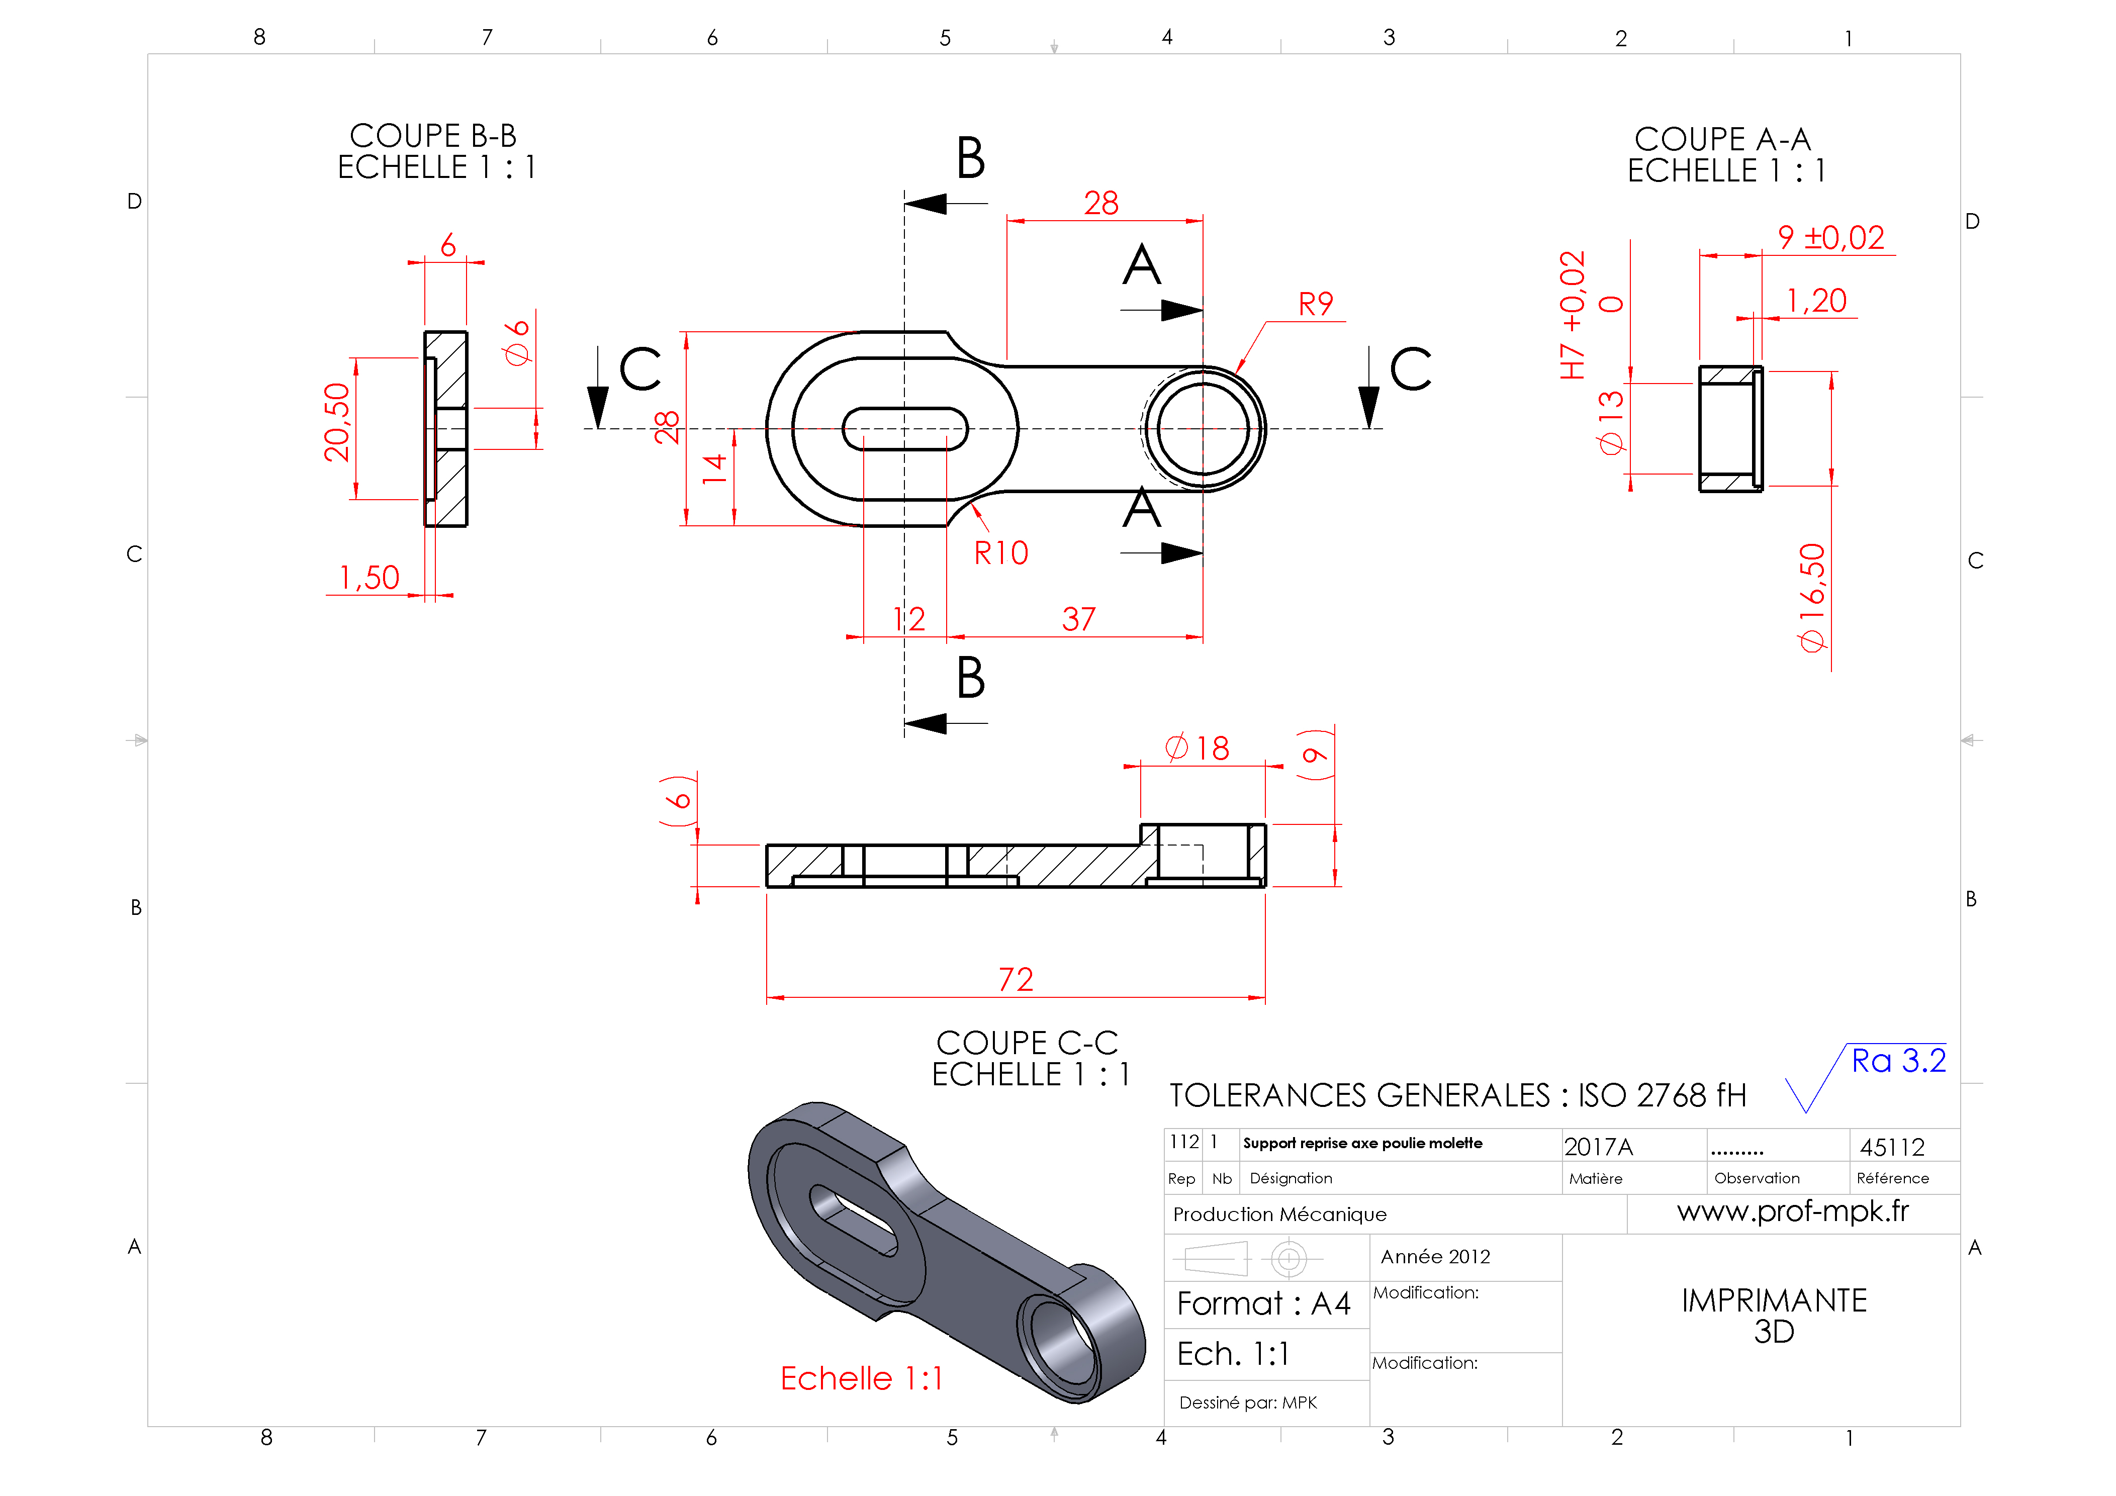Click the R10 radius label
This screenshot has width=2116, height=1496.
(x=1001, y=553)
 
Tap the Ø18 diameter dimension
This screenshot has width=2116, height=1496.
(x=1197, y=747)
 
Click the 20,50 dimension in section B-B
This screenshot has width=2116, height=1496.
(x=337, y=422)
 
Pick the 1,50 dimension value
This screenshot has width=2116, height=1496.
(x=370, y=578)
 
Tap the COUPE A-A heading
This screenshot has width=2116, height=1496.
(x=1722, y=139)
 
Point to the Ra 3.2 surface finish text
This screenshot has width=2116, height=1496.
(x=1898, y=1061)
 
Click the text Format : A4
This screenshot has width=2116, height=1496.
(x=1263, y=1303)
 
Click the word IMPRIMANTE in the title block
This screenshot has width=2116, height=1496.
(x=1774, y=1300)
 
